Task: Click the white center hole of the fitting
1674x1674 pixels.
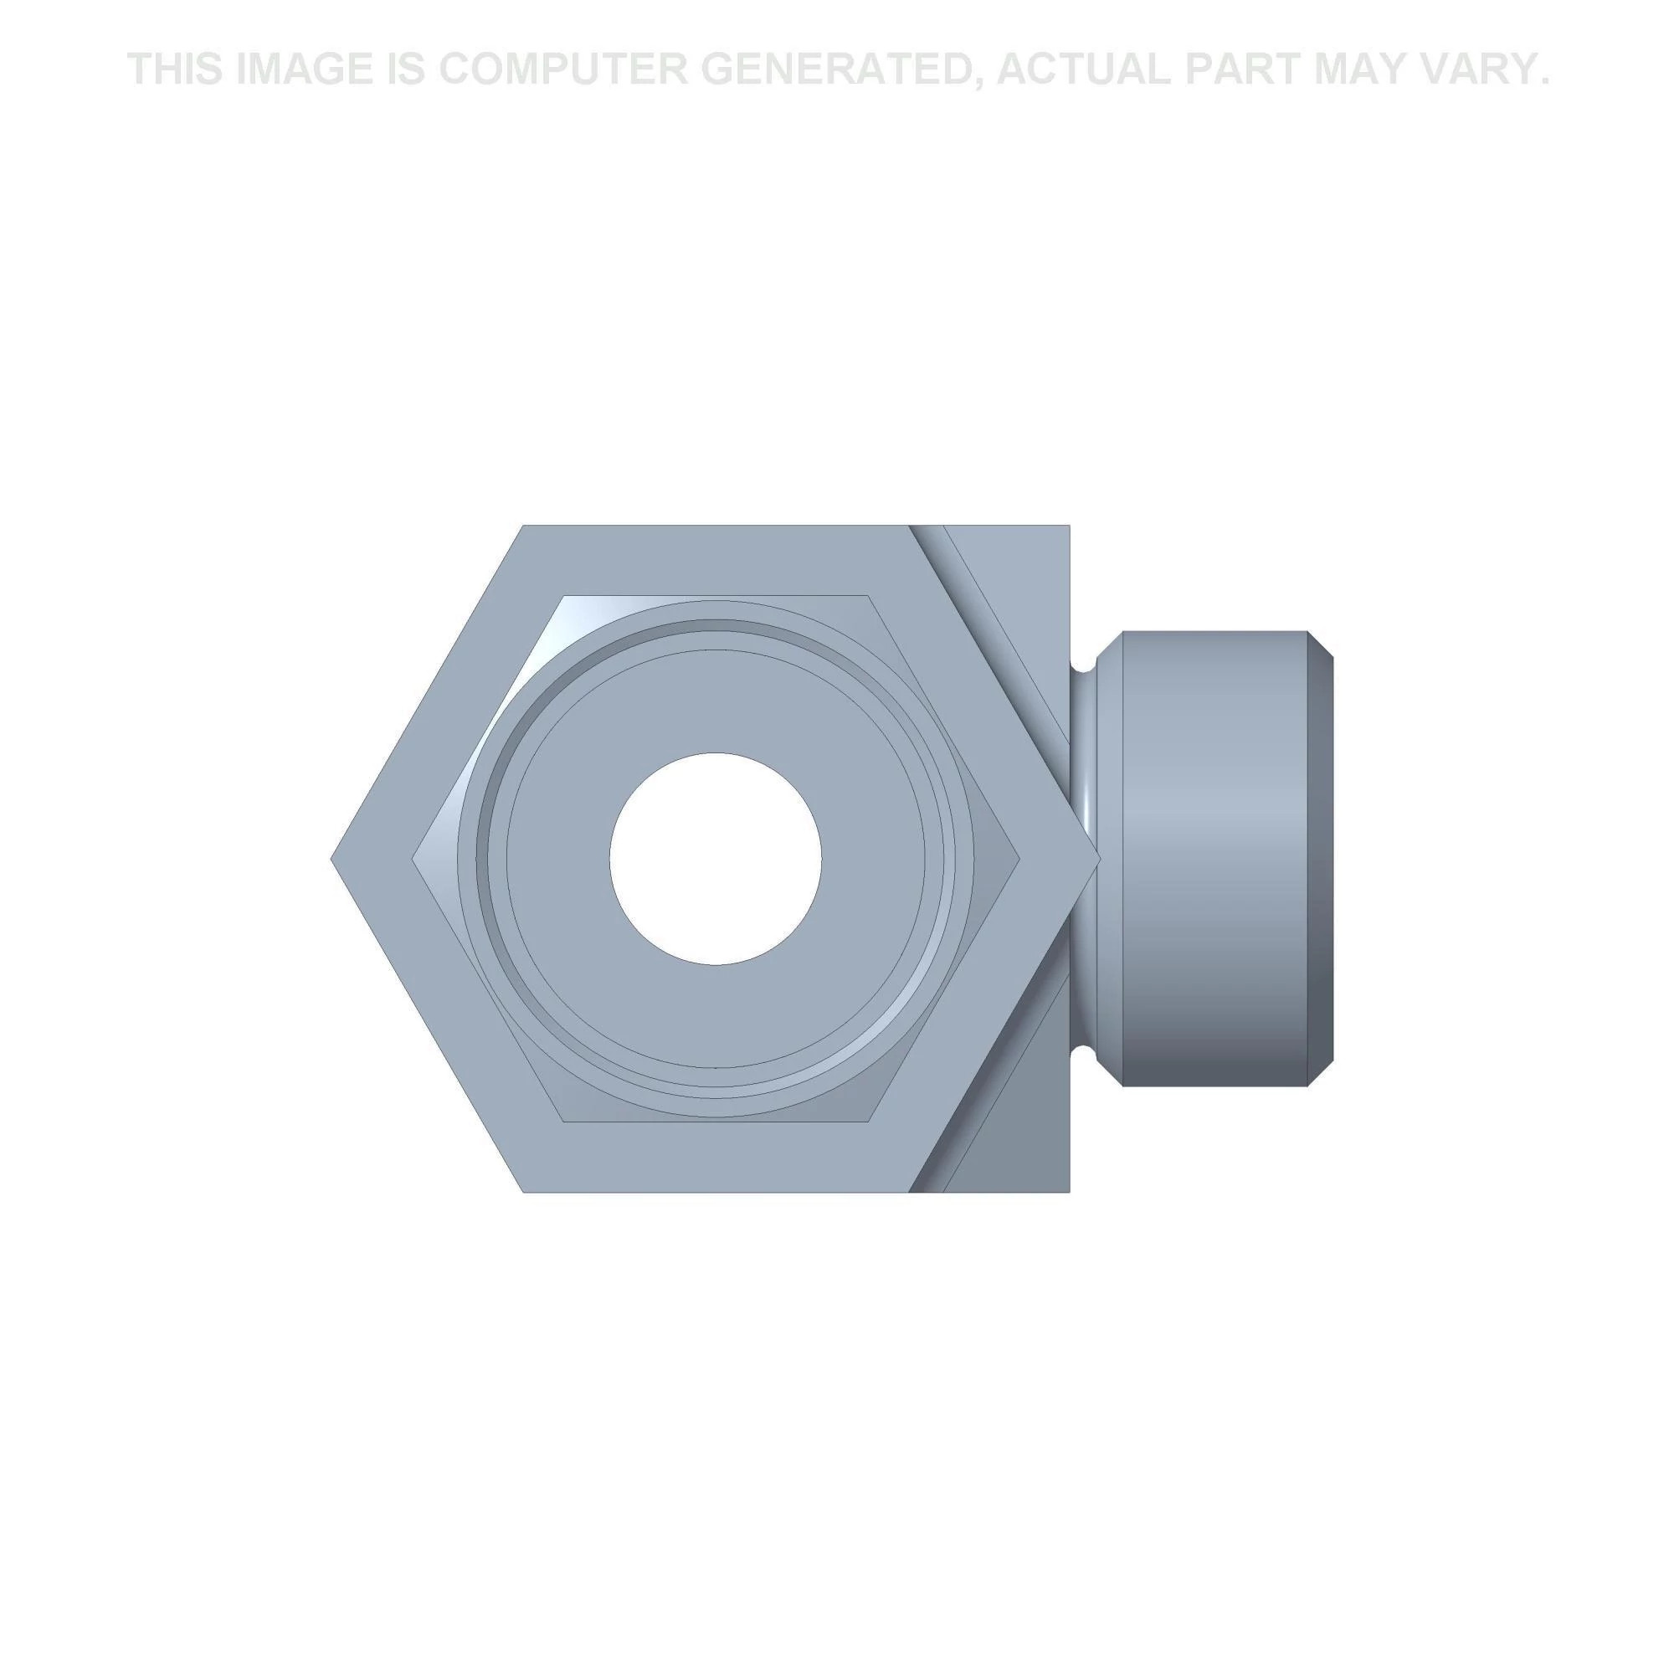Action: pyautogui.click(x=715, y=858)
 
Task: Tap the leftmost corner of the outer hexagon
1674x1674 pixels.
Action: pyautogui.click(x=331, y=859)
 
